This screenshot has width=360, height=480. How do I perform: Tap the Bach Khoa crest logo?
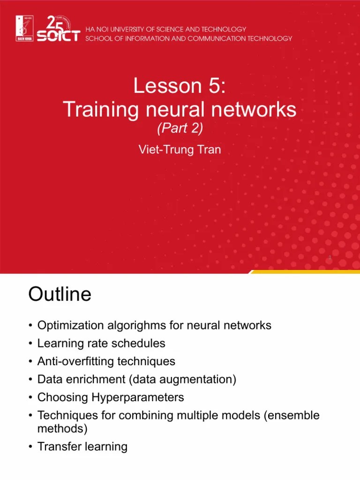(x=25, y=30)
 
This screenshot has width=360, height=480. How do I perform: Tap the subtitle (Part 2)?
(x=180, y=128)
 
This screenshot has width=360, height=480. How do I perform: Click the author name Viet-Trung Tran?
(x=180, y=150)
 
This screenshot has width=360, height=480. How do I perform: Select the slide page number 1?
(x=330, y=258)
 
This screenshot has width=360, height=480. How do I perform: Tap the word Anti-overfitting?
(x=74, y=361)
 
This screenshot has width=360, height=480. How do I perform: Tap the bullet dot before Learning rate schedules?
(x=30, y=344)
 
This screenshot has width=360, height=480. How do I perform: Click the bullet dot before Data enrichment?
(x=30, y=380)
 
